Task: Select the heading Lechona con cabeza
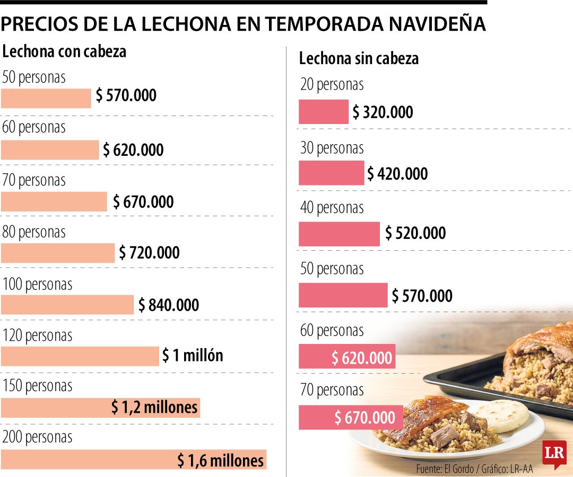pos(64,51)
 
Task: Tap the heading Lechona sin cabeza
pos(359,58)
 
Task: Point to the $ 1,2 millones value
pos(154,407)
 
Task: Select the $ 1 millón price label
pos(193,356)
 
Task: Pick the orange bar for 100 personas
pos(67,305)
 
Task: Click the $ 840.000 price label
pos(169,305)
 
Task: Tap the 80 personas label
pos(34,232)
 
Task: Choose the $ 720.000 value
pos(149,253)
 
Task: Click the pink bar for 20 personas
pos(324,112)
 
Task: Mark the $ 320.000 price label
pos(383,112)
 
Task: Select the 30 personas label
pos(332,148)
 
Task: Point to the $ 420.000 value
pos(397,174)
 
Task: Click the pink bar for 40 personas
pos(340,234)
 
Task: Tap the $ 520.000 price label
pos(415,233)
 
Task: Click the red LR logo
pos(554,454)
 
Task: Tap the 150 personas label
pos(37,386)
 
